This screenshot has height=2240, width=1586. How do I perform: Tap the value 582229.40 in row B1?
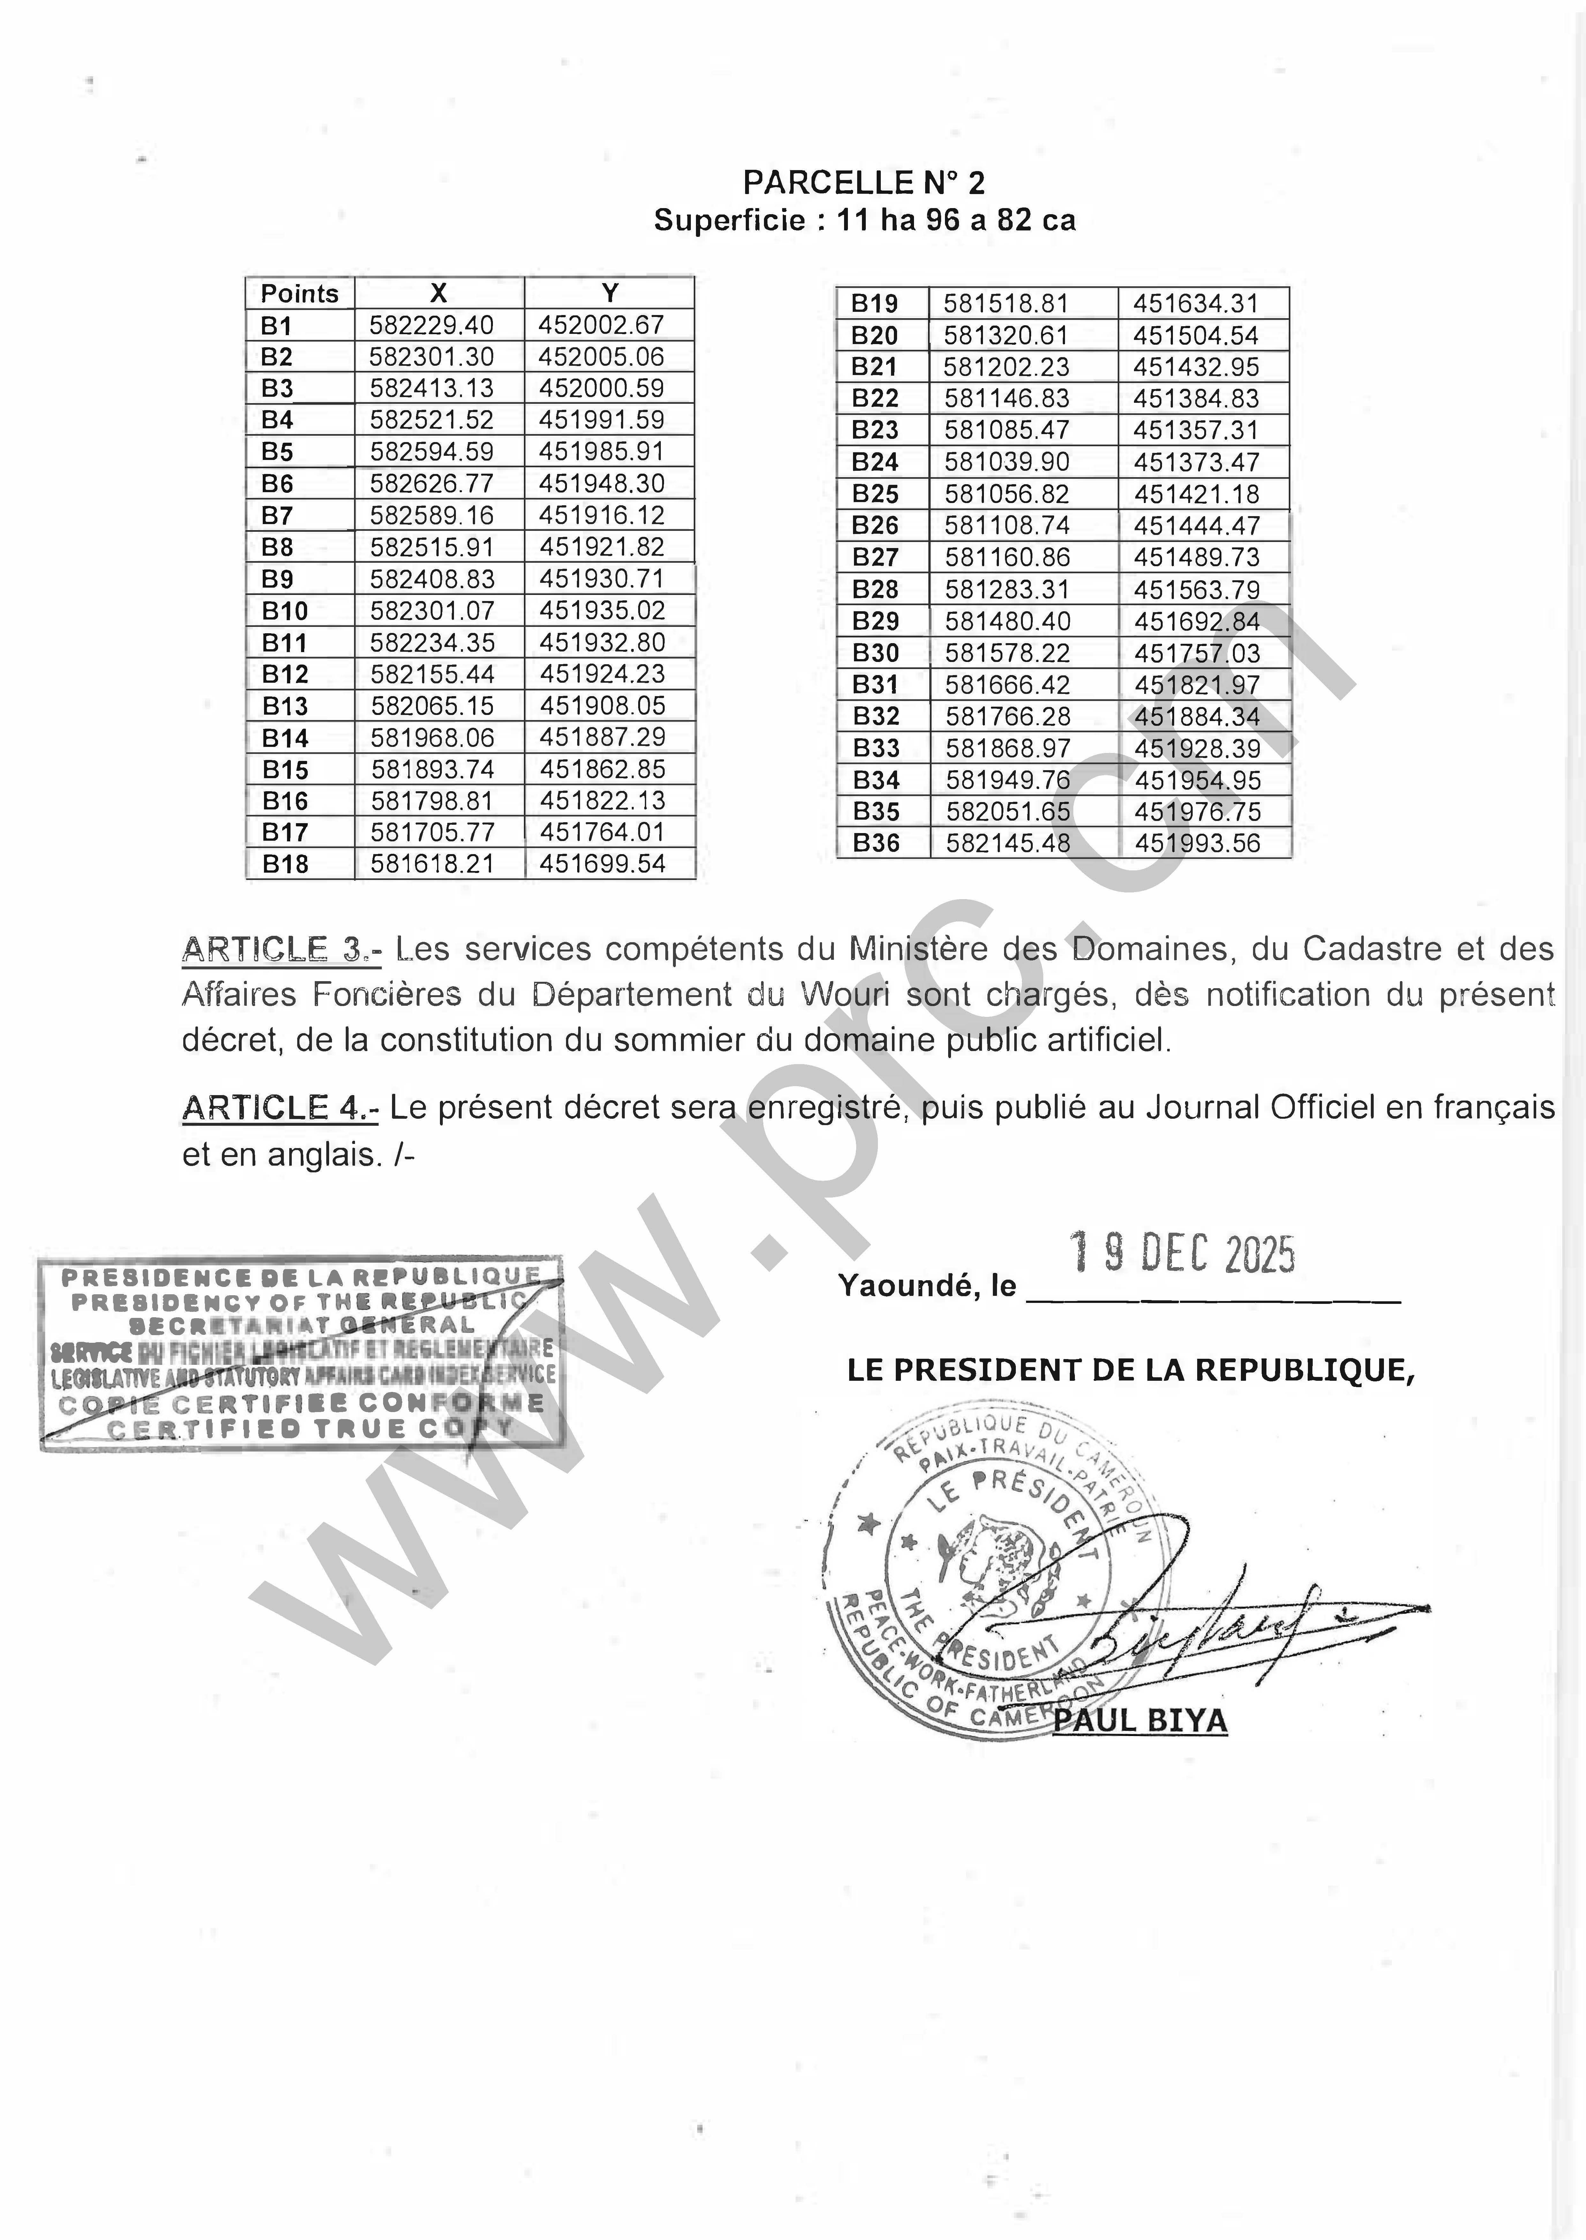click(432, 325)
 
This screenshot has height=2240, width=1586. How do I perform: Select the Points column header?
click(299, 293)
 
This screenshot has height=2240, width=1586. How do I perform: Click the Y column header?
click(609, 293)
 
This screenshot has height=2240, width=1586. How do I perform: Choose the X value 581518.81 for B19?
click(1006, 304)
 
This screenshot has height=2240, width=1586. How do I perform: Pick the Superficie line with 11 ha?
click(864, 221)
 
